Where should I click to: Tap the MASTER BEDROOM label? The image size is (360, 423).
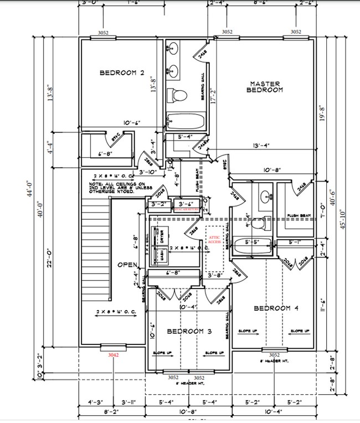[264, 86]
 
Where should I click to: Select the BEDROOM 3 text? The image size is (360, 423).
[189, 331]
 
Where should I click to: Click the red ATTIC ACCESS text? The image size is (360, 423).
[214, 239]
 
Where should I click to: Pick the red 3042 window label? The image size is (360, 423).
[114, 354]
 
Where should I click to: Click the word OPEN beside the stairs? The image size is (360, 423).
[127, 264]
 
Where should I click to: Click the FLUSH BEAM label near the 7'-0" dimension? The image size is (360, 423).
[297, 215]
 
